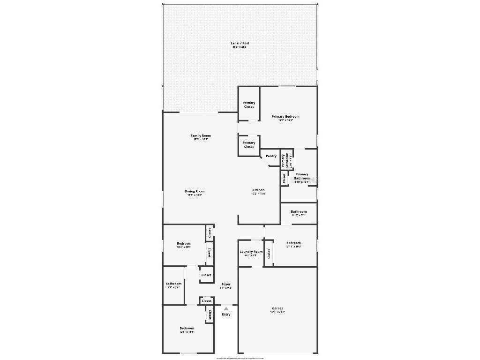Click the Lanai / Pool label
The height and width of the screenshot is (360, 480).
coord(240,43)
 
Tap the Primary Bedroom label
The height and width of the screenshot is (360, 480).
coord(285,116)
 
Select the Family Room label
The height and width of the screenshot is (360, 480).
coord(201,136)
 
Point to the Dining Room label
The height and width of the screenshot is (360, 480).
coord(195,191)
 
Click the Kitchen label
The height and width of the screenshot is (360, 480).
coord(258,190)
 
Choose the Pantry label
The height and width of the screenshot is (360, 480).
coord(271,156)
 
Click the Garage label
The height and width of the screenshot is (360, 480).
coord(277,308)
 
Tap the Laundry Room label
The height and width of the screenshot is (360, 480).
coord(251,252)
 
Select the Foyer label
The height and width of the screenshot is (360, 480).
coord(226,284)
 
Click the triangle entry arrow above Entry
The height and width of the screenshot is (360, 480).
coord(226,308)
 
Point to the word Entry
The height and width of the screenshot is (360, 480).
coord(226,314)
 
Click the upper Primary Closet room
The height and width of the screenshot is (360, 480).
coord(249,105)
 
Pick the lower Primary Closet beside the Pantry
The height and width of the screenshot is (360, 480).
coord(249,144)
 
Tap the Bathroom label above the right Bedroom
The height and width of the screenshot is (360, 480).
coord(299,211)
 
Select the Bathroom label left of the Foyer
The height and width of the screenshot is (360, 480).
coord(173,284)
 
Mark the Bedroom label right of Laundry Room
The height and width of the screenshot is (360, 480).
coord(293,243)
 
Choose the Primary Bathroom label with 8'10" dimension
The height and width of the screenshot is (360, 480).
coord(302,176)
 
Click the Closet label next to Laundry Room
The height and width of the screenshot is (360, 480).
coord(269,254)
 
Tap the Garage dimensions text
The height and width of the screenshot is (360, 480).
coord(277,312)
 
